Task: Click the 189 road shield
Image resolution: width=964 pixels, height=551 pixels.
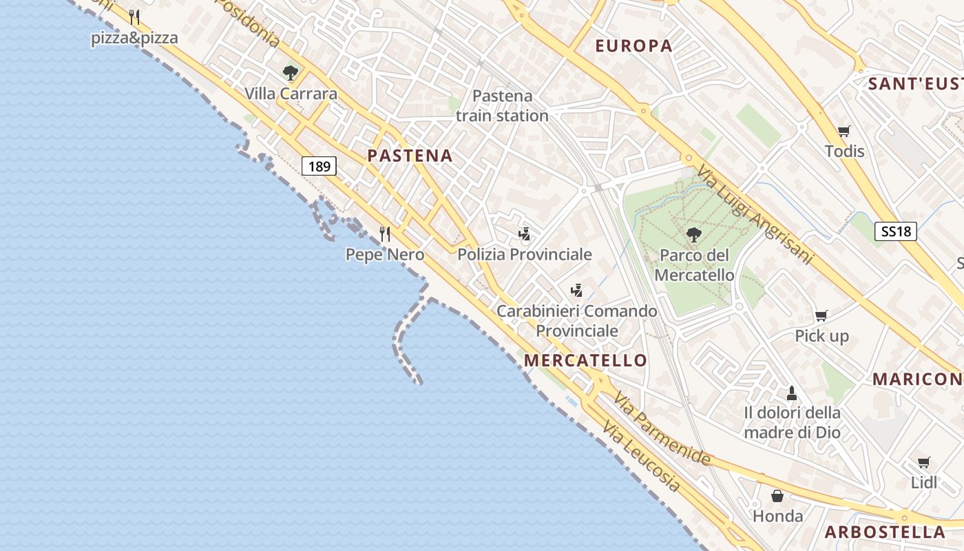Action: point(319,165)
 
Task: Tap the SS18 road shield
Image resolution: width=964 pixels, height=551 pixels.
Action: point(896,231)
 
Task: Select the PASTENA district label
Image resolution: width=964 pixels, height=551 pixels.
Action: point(410,156)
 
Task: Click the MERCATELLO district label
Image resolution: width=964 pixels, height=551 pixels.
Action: point(585,360)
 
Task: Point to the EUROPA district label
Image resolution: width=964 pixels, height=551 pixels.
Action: point(633,46)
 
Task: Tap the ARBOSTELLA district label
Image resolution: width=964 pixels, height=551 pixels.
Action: point(885,532)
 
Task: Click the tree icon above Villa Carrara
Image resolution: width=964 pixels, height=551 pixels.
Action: point(291,72)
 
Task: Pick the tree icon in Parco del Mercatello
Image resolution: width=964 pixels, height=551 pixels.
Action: point(694,235)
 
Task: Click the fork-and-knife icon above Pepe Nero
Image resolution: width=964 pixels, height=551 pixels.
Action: point(385,234)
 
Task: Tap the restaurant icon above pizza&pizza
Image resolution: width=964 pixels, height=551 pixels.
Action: point(134,17)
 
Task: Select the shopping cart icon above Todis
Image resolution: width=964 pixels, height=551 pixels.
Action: point(843,131)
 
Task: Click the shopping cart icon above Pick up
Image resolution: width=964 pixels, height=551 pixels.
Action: point(821,316)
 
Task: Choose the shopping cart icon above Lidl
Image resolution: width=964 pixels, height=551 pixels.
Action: point(923,462)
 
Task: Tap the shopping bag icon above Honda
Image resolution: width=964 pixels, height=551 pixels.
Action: point(777,496)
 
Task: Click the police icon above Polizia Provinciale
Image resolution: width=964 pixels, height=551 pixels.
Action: point(525,234)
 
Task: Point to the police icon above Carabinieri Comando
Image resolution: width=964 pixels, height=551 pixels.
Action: point(577,291)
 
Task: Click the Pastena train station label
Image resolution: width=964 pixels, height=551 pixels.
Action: point(502,105)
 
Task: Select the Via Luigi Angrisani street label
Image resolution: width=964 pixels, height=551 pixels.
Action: point(755,214)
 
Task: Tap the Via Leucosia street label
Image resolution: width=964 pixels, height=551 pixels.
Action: point(641,456)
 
